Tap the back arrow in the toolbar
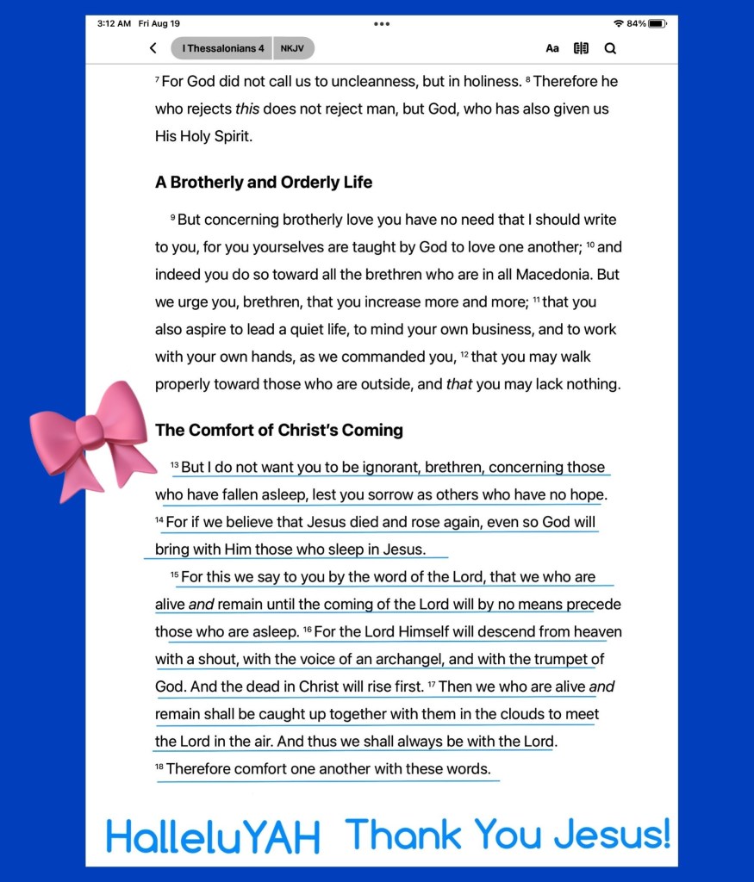tap(153, 48)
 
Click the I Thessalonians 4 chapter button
tap(222, 48)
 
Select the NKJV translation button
tap(294, 48)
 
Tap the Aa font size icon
tap(552, 48)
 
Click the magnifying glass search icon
tap(610, 48)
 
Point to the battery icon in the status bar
tap(658, 23)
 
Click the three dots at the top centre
tap(382, 23)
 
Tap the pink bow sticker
tap(89, 437)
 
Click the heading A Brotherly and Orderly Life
tap(264, 183)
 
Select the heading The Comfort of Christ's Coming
tap(279, 430)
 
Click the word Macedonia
tap(554, 275)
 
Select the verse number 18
tap(159, 766)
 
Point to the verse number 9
tap(173, 217)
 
